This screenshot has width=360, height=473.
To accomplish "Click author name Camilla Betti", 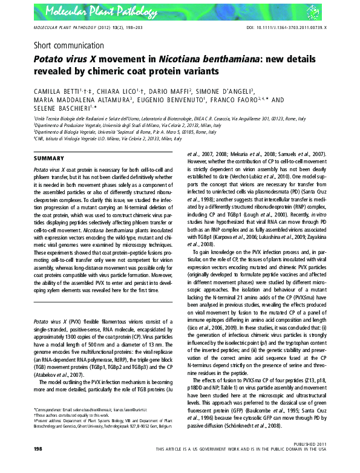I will [59, 90].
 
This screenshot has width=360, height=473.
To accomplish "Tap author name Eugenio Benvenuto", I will [172, 100].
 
